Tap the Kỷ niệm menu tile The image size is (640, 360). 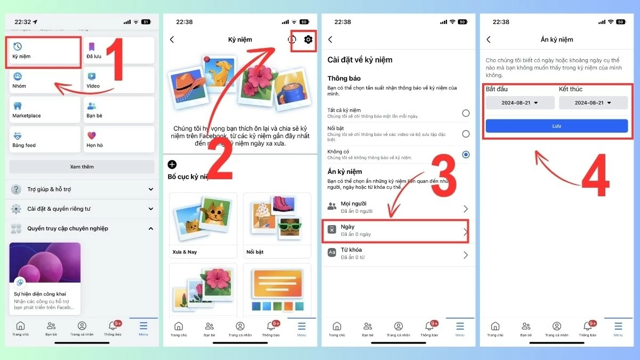coord(44,52)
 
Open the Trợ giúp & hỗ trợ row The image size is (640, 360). coord(82,189)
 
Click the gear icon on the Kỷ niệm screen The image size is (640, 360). coord(308,39)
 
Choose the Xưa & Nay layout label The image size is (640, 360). coord(185,252)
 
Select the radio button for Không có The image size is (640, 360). coord(466,155)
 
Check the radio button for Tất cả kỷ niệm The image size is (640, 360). coord(466,113)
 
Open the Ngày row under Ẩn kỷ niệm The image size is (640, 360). coord(398,230)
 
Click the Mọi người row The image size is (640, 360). coord(398,207)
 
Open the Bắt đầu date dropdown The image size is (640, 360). coord(520,103)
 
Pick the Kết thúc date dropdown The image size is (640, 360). coord(593,103)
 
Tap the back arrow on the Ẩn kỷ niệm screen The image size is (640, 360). coord(489,39)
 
